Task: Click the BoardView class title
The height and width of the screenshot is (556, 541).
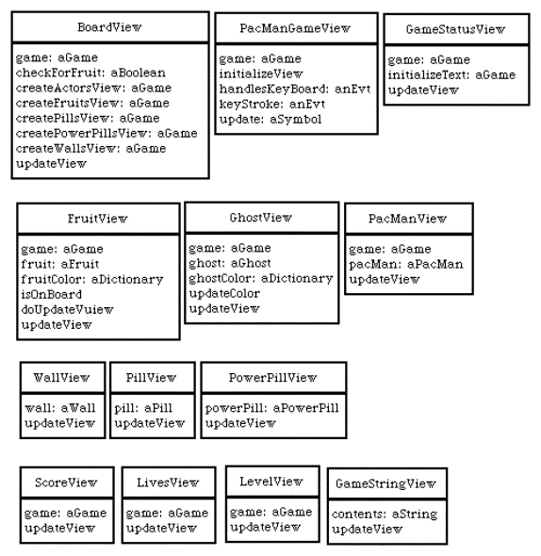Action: (x=109, y=27)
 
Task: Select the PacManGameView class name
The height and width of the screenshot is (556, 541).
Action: (x=295, y=28)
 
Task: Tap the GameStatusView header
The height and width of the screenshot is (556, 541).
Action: (x=455, y=29)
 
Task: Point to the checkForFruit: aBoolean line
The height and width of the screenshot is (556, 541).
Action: (x=90, y=73)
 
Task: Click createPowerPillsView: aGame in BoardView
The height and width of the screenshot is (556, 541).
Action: (x=107, y=133)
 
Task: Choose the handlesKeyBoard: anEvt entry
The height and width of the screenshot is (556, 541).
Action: (x=295, y=89)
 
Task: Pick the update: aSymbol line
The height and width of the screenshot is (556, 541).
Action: (x=270, y=120)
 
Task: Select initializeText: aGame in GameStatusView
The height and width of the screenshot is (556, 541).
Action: (x=451, y=74)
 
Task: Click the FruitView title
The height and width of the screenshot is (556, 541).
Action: (x=98, y=219)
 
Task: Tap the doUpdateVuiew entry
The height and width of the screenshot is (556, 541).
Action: (x=68, y=309)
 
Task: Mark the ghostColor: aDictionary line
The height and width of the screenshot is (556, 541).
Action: (x=261, y=279)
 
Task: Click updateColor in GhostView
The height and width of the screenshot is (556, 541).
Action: (x=224, y=294)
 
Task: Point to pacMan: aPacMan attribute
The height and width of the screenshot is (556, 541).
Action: (x=406, y=264)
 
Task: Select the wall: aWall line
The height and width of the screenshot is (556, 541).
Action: (x=60, y=408)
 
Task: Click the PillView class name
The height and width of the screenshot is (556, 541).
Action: (x=151, y=378)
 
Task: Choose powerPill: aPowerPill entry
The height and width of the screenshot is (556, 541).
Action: (x=272, y=408)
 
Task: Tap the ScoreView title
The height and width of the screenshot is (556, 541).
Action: (x=66, y=482)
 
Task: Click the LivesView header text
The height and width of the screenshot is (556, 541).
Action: (x=168, y=482)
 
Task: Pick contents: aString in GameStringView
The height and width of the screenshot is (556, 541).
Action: (x=385, y=515)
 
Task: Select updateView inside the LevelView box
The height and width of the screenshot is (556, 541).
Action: (x=266, y=528)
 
